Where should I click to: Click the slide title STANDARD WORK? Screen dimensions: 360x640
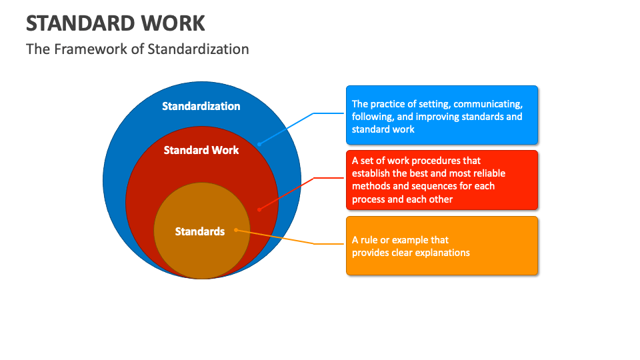click(x=115, y=23)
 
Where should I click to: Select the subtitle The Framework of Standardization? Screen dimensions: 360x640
click(x=137, y=49)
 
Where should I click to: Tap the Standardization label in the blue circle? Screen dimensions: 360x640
click(x=201, y=106)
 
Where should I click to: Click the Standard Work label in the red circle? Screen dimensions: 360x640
click(x=201, y=150)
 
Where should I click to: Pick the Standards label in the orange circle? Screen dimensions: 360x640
click(x=200, y=231)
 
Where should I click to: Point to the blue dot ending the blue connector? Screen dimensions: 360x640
click(x=259, y=143)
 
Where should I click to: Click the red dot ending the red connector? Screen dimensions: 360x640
click(x=259, y=209)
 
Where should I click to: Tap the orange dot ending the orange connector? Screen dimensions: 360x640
click(x=236, y=231)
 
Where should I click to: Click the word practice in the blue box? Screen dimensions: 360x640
click(x=389, y=104)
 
